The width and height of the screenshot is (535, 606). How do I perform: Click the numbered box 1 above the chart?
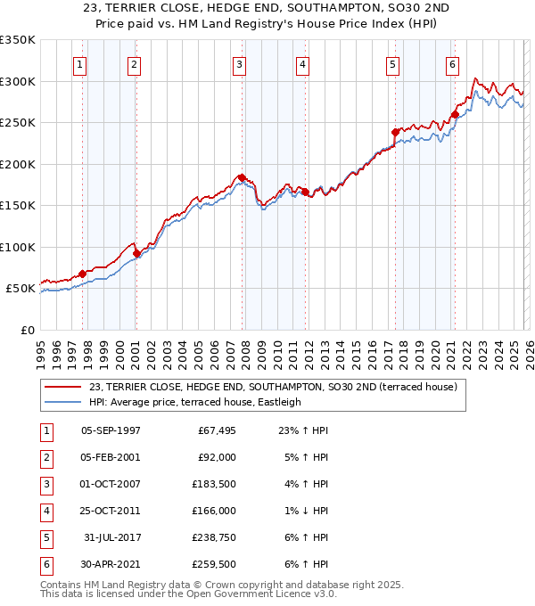pyautogui.click(x=80, y=64)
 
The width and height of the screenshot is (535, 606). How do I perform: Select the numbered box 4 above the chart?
pyautogui.click(x=303, y=64)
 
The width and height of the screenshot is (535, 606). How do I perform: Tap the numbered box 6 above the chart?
pyautogui.click(x=453, y=64)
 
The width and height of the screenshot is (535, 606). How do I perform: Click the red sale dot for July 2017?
pyautogui.click(x=395, y=132)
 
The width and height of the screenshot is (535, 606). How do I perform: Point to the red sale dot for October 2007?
pyautogui.click(x=242, y=177)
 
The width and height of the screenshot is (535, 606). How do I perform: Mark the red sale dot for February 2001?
pyautogui.click(x=136, y=253)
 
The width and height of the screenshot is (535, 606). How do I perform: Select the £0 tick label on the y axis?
pyautogui.click(x=27, y=330)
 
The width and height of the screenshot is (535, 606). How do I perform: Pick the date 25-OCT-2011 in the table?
pyautogui.click(x=111, y=512)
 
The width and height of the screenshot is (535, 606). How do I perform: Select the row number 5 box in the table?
pyautogui.click(x=45, y=538)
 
